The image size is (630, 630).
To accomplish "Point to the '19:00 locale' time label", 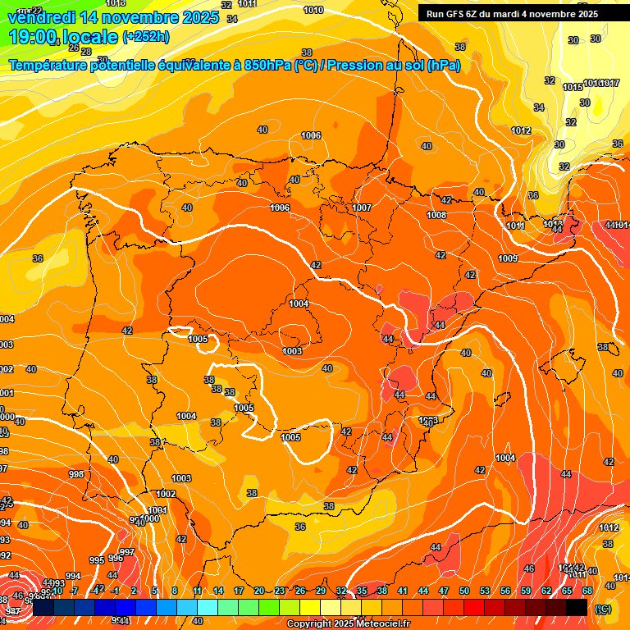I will point(63,37).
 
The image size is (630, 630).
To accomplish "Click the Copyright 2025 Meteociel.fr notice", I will point(349,623).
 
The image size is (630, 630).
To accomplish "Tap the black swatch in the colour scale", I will point(577,608).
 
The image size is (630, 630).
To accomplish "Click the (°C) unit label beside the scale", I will point(603,609).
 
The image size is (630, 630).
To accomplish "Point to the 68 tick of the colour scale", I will point(587,591).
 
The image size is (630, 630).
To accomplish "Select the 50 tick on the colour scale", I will point(464,591).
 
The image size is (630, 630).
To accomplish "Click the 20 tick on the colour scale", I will point(259,591).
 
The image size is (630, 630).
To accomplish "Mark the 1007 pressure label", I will point(362,208).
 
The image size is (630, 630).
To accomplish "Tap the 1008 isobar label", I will point(436,216).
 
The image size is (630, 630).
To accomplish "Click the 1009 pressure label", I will point(508,259).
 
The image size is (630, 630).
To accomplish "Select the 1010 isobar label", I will point(313,10).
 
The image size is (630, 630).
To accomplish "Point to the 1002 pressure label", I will point(166,494).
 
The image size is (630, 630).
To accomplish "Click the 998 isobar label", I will point(76,475).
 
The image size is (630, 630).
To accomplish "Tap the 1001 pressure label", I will point(158,510).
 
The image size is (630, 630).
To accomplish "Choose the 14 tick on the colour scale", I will point(218,591).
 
